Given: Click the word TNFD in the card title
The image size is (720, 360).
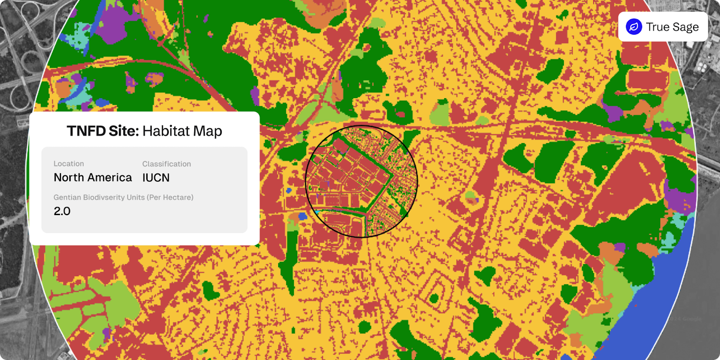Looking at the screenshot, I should pos(86,131).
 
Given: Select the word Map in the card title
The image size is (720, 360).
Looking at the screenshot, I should pos(208,131).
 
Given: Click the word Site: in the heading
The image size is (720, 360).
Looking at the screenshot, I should pos(123,131).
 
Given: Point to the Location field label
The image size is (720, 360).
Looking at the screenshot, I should pos(68,164).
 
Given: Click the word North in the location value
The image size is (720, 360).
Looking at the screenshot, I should pos(69,178).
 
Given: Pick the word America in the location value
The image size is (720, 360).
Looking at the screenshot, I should pos(110,178).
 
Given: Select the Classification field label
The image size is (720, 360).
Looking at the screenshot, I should pos(166,164).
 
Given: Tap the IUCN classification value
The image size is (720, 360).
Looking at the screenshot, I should pos(156,178).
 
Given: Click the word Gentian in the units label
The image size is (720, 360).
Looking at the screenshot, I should pos(67,198).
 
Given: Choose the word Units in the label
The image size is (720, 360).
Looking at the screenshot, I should pos(137,198).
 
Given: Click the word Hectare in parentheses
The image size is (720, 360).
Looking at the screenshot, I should pos(177,198).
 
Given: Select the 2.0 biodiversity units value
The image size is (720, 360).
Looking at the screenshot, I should pos(62,211).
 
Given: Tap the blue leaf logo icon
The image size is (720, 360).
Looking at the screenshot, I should pos(634,27).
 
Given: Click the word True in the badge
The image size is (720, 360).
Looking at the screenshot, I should pos(657,27).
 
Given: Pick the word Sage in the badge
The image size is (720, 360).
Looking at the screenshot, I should pos(686,27).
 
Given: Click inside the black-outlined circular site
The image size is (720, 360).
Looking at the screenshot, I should pos(361,181).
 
